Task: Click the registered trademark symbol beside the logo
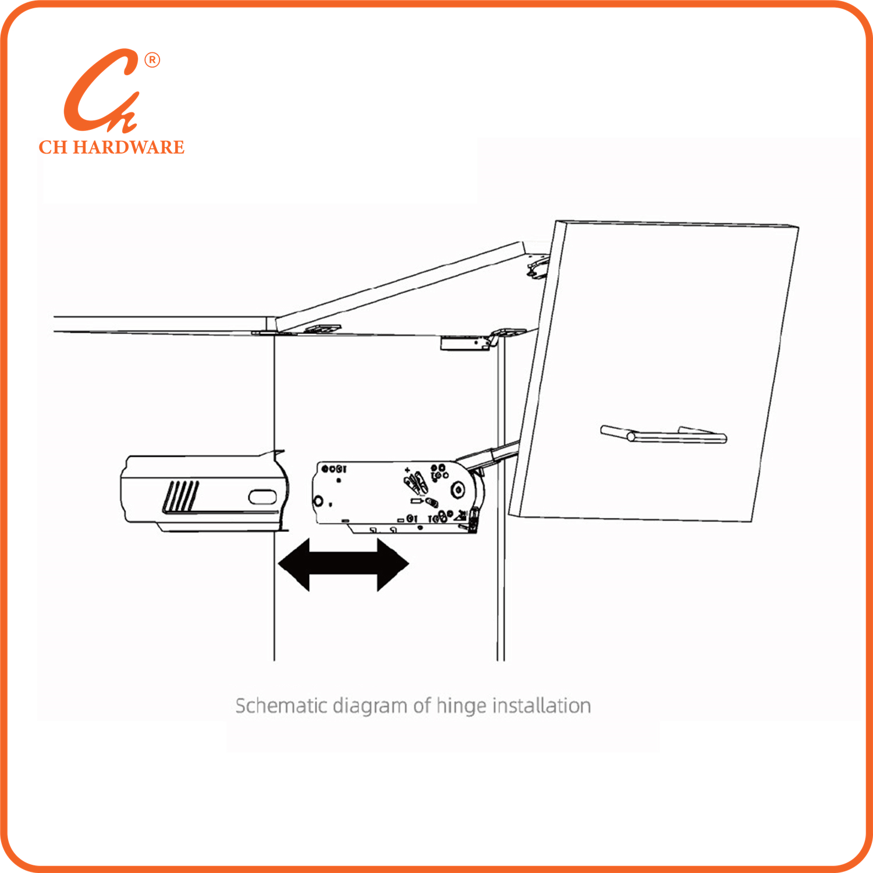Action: click(x=152, y=60)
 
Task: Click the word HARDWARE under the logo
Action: click(x=129, y=147)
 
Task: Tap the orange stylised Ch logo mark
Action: click(x=102, y=91)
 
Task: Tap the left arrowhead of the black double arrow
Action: click(x=294, y=564)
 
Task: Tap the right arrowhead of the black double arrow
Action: click(x=393, y=564)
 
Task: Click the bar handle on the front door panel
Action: click(x=663, y=434)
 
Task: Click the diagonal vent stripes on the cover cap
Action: click(x=181, y=496)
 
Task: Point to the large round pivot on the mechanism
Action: click(x=459, y=490)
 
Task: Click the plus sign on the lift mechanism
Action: click(x=407, y=470)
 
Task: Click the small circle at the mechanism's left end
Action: click(x=319, y=501)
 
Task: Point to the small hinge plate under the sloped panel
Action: click(x=321, y=329)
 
